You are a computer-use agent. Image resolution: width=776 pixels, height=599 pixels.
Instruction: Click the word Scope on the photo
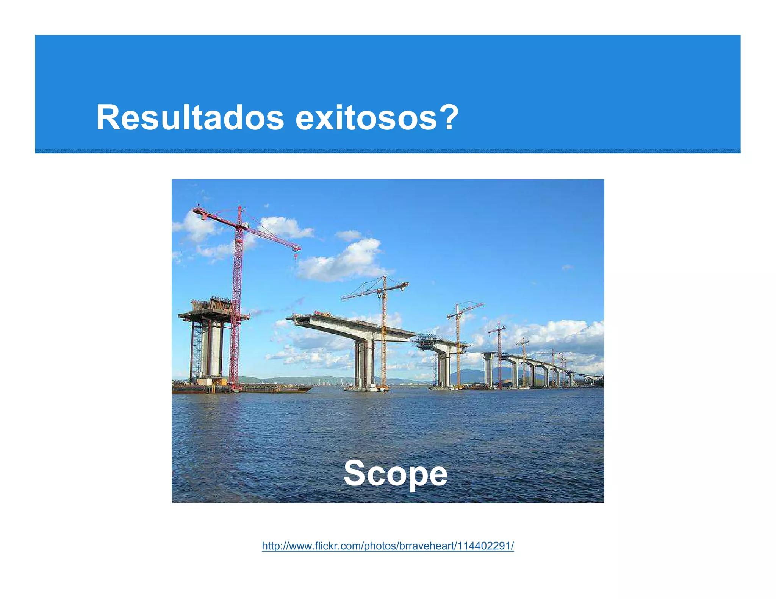pyautogui.click(x=395, y=473)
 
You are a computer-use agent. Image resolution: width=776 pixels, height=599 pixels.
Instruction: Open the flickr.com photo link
pyautogui.click(x=388, y=546)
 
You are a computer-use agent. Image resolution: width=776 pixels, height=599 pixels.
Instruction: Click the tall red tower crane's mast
pyautogui.click(x=237, y=303)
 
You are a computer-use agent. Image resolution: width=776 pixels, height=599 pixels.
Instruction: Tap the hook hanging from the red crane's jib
pyautogui.click(x=296, y=258)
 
